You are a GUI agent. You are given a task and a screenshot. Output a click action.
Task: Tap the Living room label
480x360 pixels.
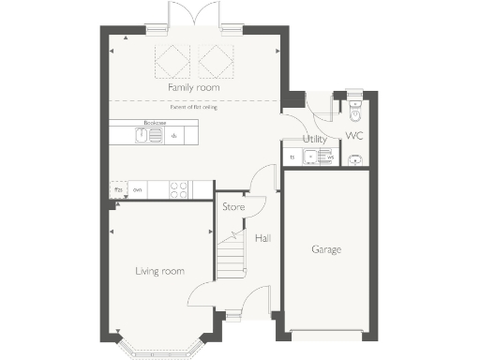(159, 271)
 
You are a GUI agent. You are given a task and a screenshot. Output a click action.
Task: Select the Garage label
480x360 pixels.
(326, 249)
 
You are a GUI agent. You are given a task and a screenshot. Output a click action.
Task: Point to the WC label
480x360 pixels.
(354, 137)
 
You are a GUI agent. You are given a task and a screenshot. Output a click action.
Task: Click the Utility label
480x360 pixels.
(314, 139)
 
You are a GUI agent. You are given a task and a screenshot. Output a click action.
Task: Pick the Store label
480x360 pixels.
(233, 206)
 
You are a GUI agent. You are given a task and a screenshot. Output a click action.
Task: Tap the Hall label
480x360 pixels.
(263, 238)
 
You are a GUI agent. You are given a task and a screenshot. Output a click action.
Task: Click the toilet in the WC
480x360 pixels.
(353, 111)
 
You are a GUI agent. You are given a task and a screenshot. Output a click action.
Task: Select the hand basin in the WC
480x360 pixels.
(354, 159)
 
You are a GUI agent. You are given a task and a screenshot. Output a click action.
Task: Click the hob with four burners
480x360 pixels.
(177, 189)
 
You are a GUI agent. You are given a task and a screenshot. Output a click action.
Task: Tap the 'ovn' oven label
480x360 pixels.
(137, 189)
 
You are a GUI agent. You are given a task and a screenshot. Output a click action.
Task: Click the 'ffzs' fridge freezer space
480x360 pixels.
(118, 189)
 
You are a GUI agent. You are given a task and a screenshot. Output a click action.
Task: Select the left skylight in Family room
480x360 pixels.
(172, 62)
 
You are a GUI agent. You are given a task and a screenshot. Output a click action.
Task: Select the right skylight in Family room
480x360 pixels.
(217, 62)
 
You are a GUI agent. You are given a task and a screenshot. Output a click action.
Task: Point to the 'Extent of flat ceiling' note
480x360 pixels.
(196, 108)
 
